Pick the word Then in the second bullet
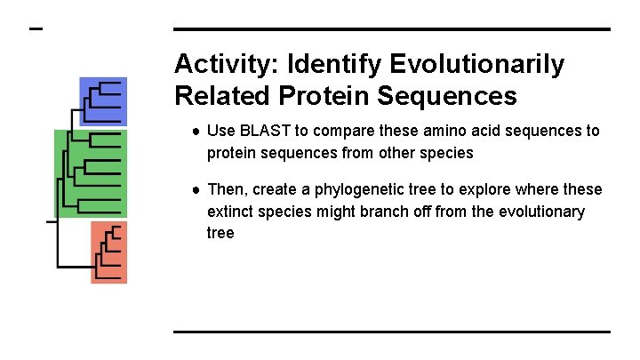pyautogui.click(x=226, y=189)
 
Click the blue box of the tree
pyautogui.click(x=103, y=101)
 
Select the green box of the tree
pyautogui.click(x=91, y=173)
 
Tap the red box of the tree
pyautogui.click(x=108, y=252)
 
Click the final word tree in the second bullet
pyautogui.click(x=220, y=233)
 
